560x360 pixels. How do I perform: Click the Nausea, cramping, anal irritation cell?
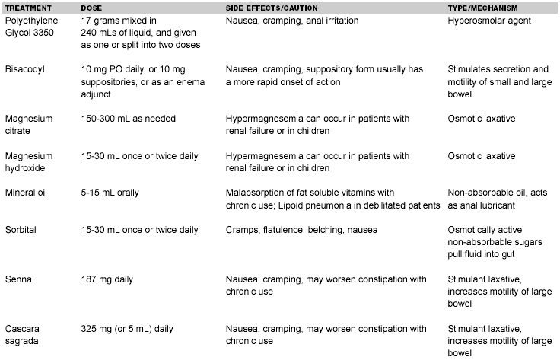(293, 21)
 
